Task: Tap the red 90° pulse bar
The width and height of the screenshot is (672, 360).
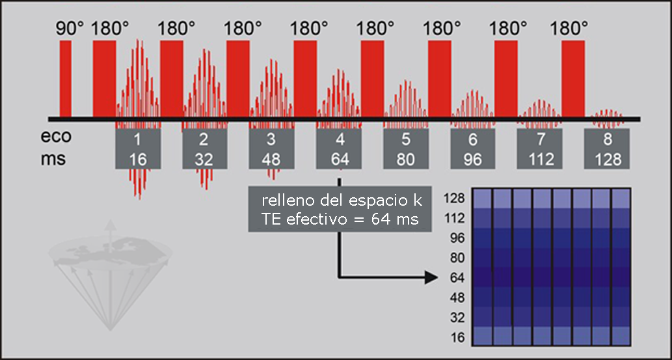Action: tap(66, 78)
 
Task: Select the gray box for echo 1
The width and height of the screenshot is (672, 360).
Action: tap(137, 149)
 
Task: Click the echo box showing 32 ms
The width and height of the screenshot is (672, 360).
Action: tap(204, 149)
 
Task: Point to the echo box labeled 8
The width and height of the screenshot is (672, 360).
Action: tap(607, 149)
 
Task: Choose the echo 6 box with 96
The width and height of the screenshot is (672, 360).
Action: tap(473, 149)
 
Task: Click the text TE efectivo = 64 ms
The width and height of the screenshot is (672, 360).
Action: tap(340, 219)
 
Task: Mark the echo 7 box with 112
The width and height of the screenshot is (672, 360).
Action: tap(539, 149)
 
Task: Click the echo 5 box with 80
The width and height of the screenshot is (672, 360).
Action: tap(406, 149)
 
